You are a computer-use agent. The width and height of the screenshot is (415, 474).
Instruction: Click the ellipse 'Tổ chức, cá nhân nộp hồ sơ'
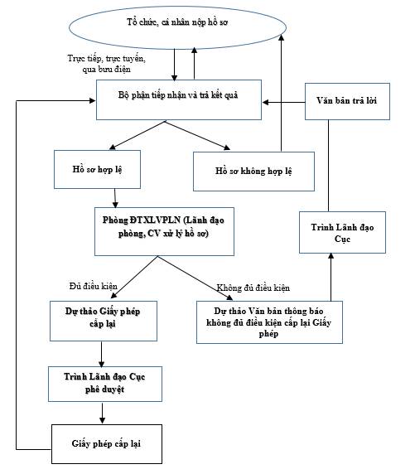[177, 28]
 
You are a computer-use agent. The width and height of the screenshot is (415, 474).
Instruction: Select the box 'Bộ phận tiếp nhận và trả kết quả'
[179, 99]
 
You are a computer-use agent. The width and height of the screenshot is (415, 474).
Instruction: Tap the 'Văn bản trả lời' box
[347, 102]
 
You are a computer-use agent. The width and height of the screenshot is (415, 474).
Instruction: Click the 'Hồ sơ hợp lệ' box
[97, 170]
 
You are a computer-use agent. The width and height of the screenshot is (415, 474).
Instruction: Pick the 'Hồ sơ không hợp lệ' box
[254, 172]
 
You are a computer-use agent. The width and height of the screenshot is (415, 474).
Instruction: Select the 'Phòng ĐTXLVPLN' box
[165, 231]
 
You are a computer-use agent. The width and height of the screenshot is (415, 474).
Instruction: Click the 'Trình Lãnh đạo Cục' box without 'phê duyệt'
[342, 233]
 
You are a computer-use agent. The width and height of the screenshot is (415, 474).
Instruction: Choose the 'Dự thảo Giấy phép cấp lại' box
[104, 321]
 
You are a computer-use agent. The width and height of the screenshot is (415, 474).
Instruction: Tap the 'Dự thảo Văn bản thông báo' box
[269, 322]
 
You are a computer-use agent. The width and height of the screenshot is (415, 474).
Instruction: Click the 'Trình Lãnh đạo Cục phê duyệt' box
[105, 385]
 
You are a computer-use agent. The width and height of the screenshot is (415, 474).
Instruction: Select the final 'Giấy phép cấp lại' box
[107, 444]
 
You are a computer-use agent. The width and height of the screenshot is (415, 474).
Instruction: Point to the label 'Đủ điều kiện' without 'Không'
[93, 286]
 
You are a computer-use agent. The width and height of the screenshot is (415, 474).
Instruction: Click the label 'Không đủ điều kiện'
[253, 288]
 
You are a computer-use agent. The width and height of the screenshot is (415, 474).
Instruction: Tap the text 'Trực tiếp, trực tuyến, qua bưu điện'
[107, 64]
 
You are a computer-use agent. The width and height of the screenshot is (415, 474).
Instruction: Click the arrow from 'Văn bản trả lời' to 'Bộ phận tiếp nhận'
[284, 102]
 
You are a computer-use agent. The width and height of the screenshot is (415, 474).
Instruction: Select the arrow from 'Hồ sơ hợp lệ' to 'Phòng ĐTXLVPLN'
[115, 198]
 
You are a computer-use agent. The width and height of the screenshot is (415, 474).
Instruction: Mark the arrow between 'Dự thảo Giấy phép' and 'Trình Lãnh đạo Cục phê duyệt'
[101, 354]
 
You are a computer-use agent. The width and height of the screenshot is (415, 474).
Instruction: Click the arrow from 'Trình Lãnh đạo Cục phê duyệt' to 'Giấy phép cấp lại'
[102, 413]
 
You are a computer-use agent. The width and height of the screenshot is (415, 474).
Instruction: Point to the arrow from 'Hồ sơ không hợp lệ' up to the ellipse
[281, 93]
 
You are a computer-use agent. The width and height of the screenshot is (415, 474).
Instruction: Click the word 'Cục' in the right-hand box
[342, 239]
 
